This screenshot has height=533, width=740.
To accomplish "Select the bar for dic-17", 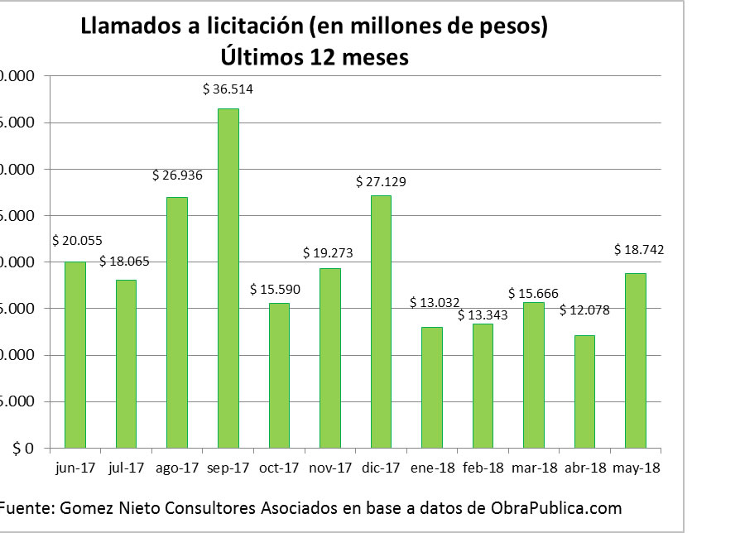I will (x=381, y=322).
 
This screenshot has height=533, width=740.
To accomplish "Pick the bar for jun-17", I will (x=75, y=355).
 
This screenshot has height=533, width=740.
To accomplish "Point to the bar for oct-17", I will (x=279, y=376).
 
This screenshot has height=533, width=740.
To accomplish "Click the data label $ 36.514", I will (x=228, y=89).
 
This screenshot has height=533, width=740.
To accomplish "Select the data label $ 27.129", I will (x=381, y=181).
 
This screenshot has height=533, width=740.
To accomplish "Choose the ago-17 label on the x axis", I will (x=176, y=468).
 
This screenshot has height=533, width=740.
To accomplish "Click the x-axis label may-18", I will (x=637, y=468).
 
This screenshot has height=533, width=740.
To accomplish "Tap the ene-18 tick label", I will (x=431, y=468).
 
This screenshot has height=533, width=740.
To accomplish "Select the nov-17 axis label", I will (x=329, y=468).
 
